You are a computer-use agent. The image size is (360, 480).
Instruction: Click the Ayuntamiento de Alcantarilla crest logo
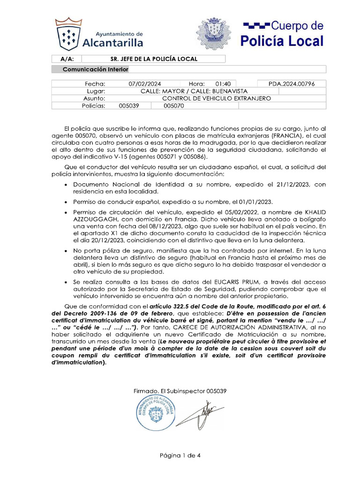pyautogui.click(x=68, y=35)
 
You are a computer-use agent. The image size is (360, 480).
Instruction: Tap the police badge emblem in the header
pyautogui.click(x=213, y=34)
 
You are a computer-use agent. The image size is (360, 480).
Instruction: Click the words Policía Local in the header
pyautogui.click(x=282, y=41)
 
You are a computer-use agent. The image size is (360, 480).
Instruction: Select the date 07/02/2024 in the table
pyautogui.click(x=144, y=84)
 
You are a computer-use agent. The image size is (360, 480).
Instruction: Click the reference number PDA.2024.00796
pyautogui.click(x=291, y=84)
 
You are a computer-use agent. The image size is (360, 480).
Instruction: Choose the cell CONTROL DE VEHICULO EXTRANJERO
pyautogui.click(x=216, y=98)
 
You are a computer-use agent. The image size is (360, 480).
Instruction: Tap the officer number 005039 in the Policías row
pyautogui.click(x=129, y=106)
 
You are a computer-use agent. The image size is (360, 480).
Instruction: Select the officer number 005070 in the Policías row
pyautogui.click(x=174, y=106)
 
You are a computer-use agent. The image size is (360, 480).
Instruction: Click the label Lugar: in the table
pyautogui.click(x=96, y=91)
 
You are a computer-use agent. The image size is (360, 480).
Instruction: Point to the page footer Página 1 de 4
pyautogui.click(x=180, y=455)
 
